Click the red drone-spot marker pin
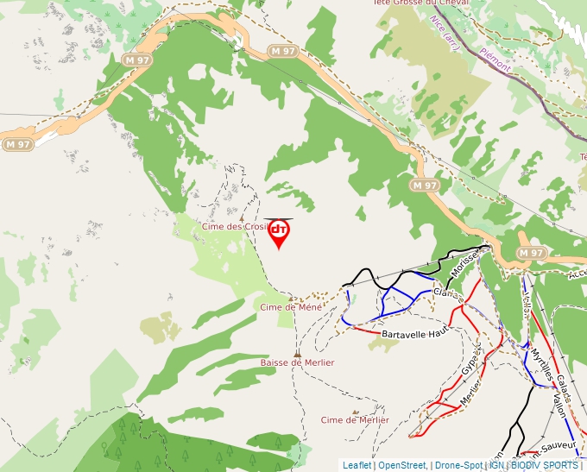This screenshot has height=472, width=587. pos(279,233)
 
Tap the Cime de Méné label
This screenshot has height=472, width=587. pos(291,306)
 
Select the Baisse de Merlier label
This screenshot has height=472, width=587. pos(297,363)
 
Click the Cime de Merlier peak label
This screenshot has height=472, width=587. pos(355,420)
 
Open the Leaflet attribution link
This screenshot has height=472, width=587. pos(357,465)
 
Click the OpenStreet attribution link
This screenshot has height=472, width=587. pos(402,465)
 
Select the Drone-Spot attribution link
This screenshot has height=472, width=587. pos(458,465)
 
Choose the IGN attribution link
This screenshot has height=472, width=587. pos(496,465)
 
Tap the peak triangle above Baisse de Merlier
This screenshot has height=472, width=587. pos(297,354)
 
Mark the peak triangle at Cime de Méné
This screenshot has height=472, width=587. pos(291,298)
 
